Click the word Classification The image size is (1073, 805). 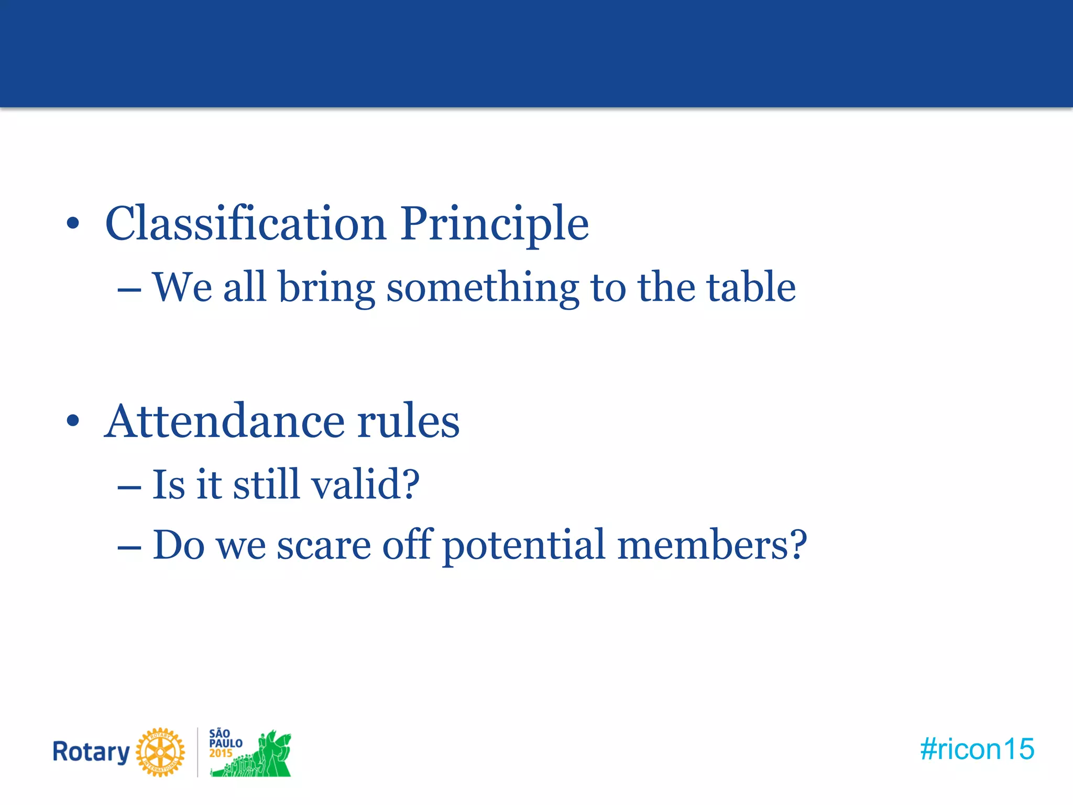tap(245, 223)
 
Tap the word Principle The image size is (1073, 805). tap(495, 224)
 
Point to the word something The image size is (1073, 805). tap(482, 288)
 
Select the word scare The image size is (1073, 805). tap(324, 545)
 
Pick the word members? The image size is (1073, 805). tap(712, 545)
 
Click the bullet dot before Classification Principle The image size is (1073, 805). tap(73, 224)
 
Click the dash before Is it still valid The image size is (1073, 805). tap(129, 487)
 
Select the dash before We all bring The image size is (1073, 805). tap(129, 290)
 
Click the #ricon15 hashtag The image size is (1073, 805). tap(977, 749)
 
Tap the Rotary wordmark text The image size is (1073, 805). tap(91, 752)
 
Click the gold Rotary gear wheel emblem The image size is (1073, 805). tap(160, 752)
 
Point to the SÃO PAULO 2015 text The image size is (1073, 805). tap(225, 743)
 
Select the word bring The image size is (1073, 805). tap(326, 288)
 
